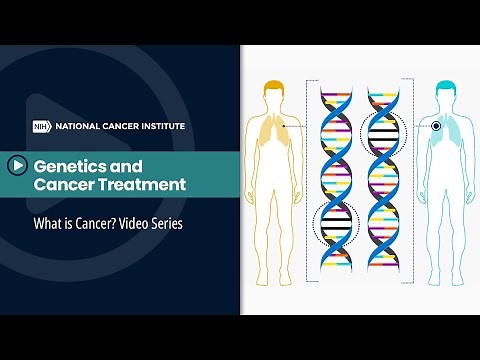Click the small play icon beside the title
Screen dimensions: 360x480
point(18,165)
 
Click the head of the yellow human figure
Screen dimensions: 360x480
point(273,95)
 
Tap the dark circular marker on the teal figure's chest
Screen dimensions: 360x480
point(436,126)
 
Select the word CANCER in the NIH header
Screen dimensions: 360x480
point(113,127)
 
